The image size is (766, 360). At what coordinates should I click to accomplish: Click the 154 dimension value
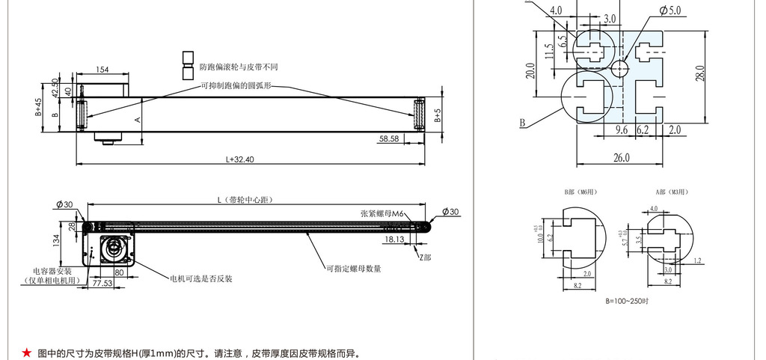[x=102, y=70]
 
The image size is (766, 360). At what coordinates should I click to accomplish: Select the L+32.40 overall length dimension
[x=240, y=159]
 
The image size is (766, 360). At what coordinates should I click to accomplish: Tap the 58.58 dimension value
[x=389, y=138]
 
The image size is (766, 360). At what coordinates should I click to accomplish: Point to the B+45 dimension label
[x=39, y=109]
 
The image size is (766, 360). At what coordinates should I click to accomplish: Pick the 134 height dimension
[x=56, y=240]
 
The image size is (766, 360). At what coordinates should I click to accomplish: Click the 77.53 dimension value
[x=102, y=284]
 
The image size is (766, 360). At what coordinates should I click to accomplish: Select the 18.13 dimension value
[x=393, y=240]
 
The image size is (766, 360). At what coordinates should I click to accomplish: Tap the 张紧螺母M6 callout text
[x=382, y=214]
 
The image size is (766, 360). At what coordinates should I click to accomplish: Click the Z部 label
[x=426, y=255]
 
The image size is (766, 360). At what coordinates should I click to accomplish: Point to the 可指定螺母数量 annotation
[x=353, y=268]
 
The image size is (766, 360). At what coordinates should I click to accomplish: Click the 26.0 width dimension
[x=622, y=157]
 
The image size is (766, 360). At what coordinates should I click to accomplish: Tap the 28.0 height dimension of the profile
[x=701, y=74]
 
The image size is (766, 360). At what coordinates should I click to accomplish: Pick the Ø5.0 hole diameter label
[x=670, y=10]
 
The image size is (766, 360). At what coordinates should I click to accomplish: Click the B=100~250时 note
[x=627, y=301]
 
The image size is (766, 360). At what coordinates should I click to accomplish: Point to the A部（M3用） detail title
[x=671, y=192]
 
